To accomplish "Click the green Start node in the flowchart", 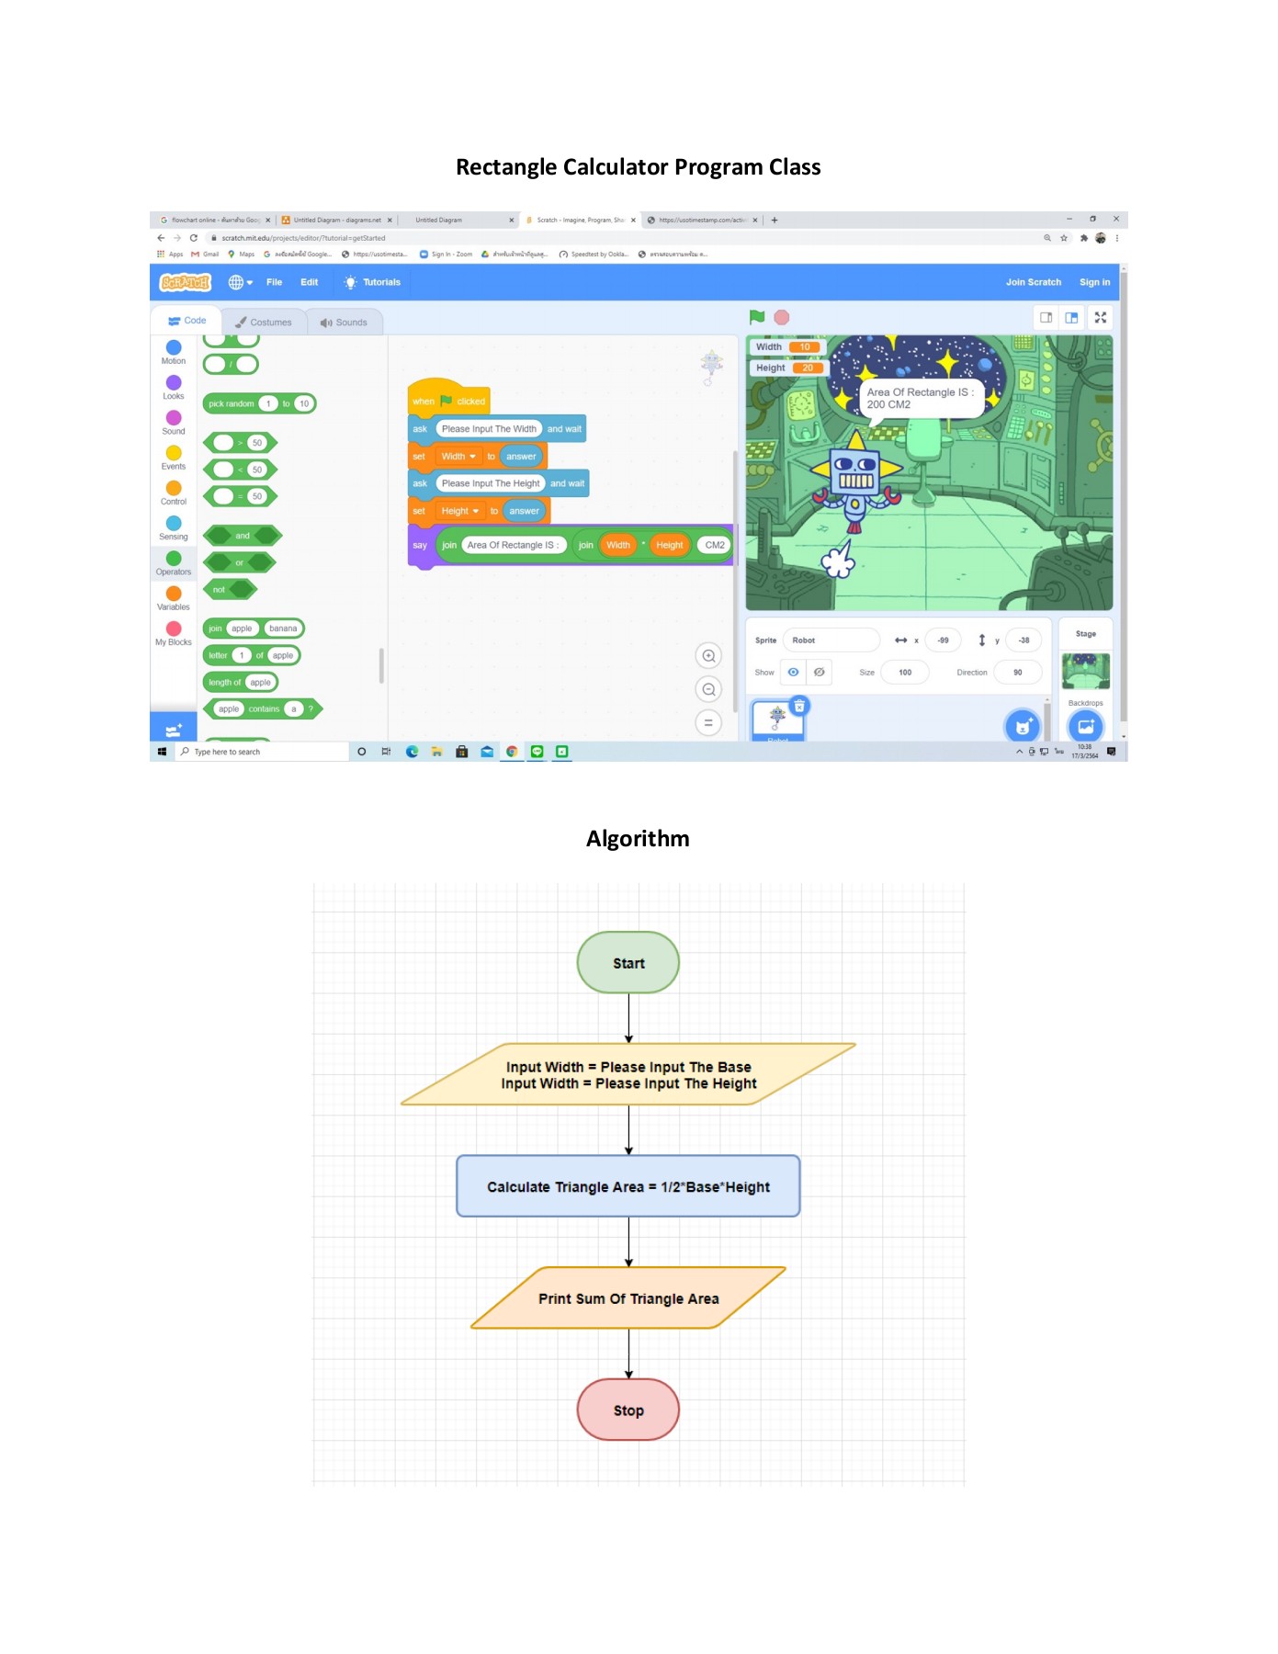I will coord(628,963).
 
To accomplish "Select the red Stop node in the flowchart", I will coord(628,1410).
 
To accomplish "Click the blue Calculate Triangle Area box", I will coord(628,1186).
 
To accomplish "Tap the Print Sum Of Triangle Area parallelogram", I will coord(628,1298).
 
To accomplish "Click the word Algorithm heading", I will coord(638,839).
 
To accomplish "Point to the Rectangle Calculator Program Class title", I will coord(638,167).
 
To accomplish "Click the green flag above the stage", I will coord(757,317).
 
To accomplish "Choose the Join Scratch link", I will coord(1033,282).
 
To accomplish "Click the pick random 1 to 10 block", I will coord(232,403).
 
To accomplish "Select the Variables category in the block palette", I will coord(174,598).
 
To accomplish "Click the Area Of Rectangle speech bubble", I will coord(919,398).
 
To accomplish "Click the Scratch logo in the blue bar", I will coord(186,282).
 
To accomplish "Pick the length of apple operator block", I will coord(224,683).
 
